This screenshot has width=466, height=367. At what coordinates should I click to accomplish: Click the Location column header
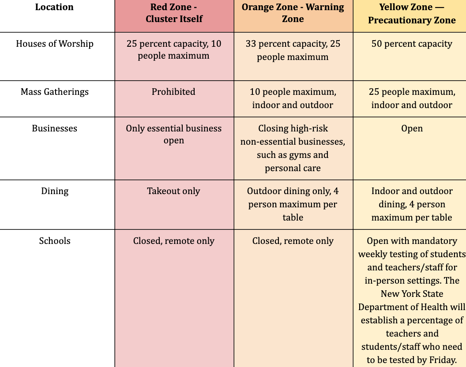54,7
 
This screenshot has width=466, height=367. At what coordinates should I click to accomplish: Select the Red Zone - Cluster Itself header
174,13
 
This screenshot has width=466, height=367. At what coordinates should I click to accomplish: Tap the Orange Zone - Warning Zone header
293,13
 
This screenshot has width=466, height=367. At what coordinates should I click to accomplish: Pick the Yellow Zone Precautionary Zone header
412,13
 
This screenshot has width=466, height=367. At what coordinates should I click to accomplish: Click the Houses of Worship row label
55,44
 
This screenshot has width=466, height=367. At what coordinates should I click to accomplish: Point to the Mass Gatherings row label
55,92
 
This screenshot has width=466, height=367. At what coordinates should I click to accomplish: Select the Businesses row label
55,128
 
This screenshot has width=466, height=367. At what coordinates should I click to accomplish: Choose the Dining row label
55,191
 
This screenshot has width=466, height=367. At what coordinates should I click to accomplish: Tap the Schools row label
55,241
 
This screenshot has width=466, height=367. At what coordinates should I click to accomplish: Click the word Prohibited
173,91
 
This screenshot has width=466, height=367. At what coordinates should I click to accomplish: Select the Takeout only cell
173,191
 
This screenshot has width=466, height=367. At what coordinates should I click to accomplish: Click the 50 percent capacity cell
412,44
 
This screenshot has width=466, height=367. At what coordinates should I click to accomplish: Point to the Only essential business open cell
174,135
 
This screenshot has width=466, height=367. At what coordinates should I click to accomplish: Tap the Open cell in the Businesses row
412,129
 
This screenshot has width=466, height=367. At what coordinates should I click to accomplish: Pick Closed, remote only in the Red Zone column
173,241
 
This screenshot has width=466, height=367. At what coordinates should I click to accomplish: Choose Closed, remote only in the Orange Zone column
293,241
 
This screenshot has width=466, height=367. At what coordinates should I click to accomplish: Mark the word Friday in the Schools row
442,360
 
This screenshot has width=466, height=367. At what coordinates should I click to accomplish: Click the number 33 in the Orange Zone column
251,44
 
